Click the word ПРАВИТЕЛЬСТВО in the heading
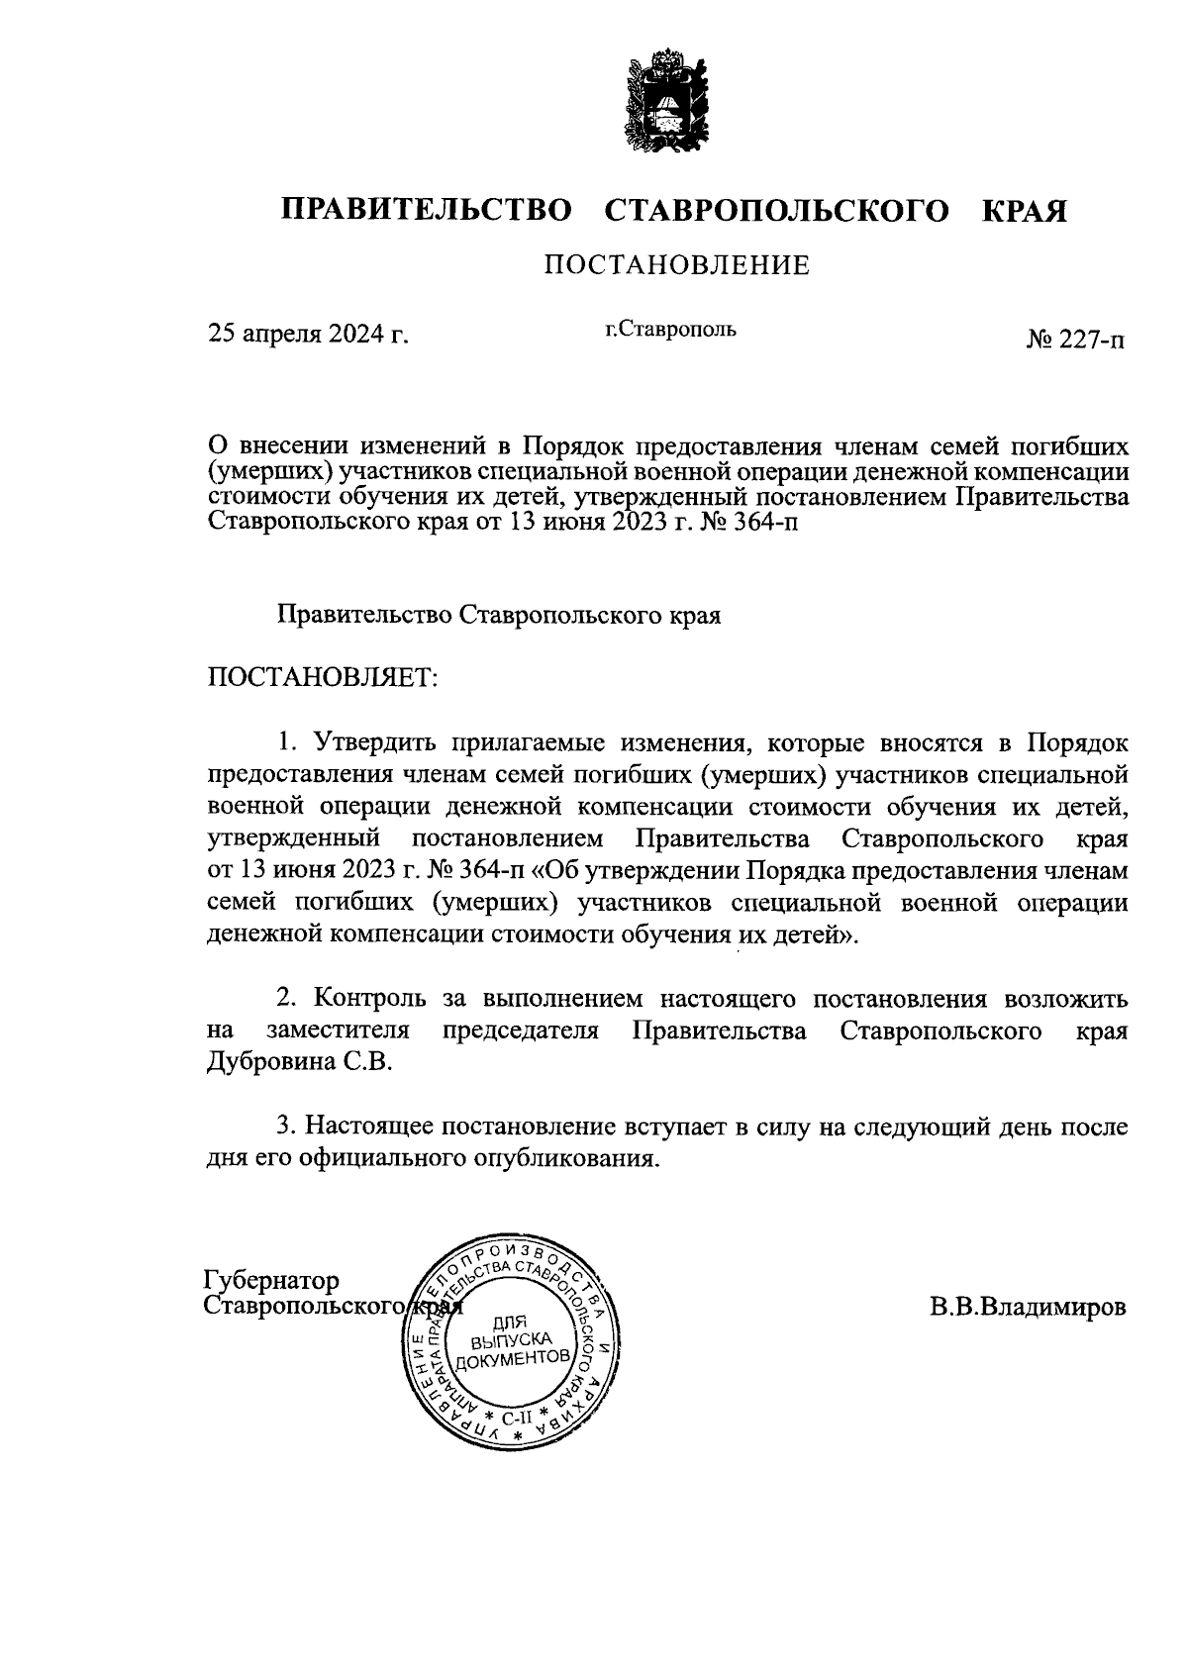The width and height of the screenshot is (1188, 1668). coord(427,211)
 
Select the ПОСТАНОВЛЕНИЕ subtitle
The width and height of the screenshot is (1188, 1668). coord(676,265)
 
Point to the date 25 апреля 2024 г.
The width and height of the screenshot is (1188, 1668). coord(308,335)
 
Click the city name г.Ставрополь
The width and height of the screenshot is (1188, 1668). coord(671,329)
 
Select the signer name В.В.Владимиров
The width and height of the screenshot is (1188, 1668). coord(1028,1308)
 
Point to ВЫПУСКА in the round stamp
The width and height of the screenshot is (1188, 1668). coord(509,1341)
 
